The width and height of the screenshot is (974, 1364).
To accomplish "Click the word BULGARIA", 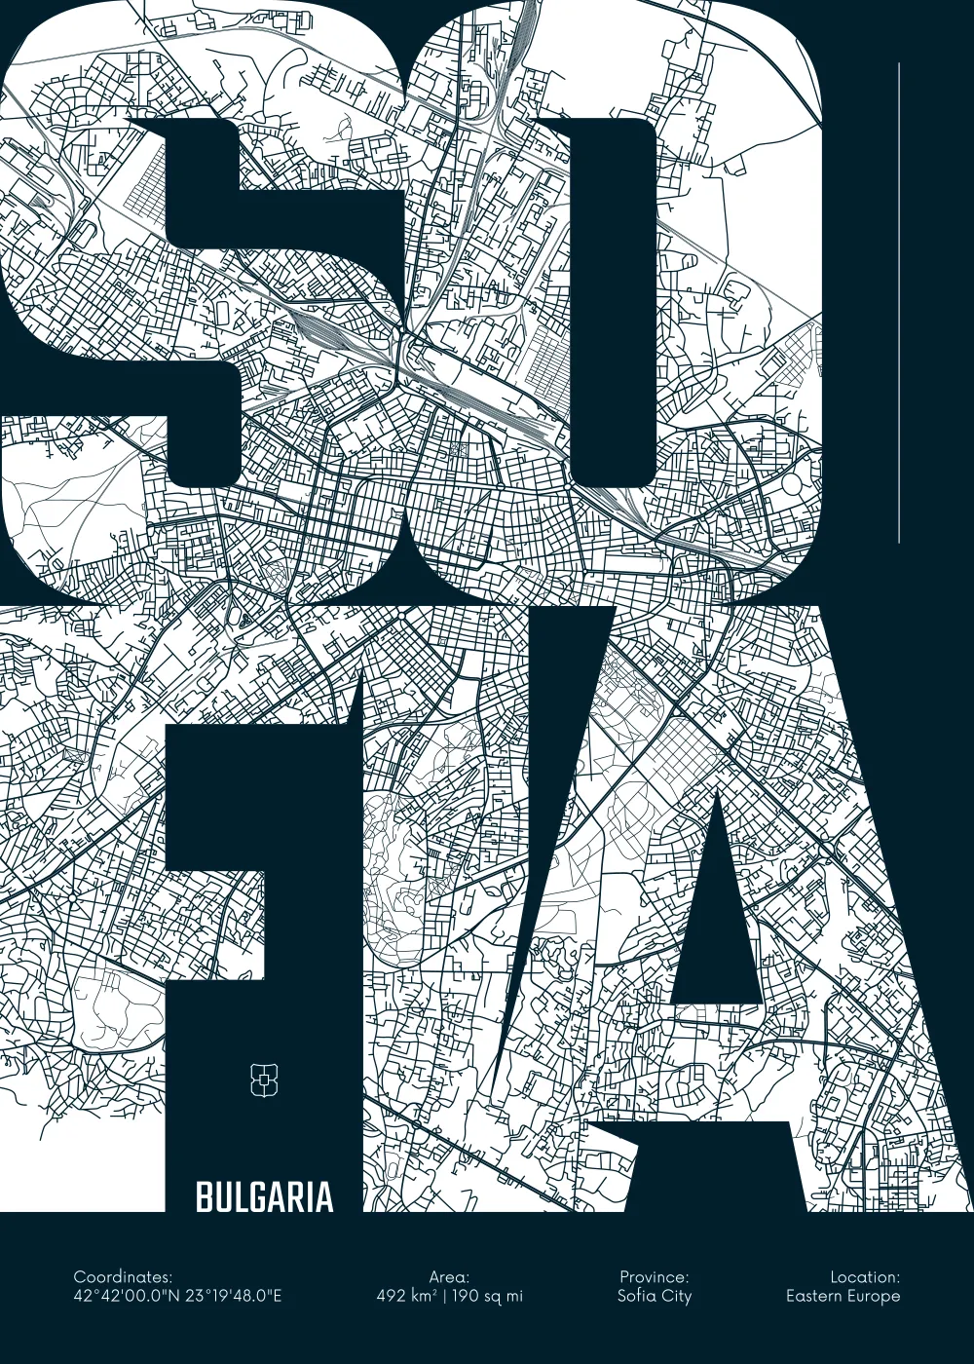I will [x=264, y=1197].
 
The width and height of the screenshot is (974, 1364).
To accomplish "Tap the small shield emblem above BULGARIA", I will [x=265, y=1080].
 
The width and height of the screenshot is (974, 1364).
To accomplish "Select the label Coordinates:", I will [x=123, y=1276].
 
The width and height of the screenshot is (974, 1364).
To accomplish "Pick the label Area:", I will [x=449, y=1276].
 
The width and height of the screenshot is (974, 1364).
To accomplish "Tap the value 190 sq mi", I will [x=487, y=1296].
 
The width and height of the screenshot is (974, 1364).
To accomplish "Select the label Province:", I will [x=654, y=1276].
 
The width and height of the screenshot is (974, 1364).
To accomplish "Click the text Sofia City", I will [x=654, y=1296].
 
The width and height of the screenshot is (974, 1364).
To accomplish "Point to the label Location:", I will [x=865, y=1276].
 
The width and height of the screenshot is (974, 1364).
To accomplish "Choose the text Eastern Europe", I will [x=843, y=1296].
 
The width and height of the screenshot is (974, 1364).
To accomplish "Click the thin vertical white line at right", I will [x=899, y=302].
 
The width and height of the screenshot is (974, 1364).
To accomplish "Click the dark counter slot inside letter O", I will [x=613, y=302].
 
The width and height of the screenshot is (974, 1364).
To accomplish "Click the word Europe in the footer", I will [x=873, y=1296].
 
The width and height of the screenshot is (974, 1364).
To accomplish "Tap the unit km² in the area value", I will [x=424, y=1296].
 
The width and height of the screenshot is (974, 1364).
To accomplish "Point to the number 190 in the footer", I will [x=467, y=1296].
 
